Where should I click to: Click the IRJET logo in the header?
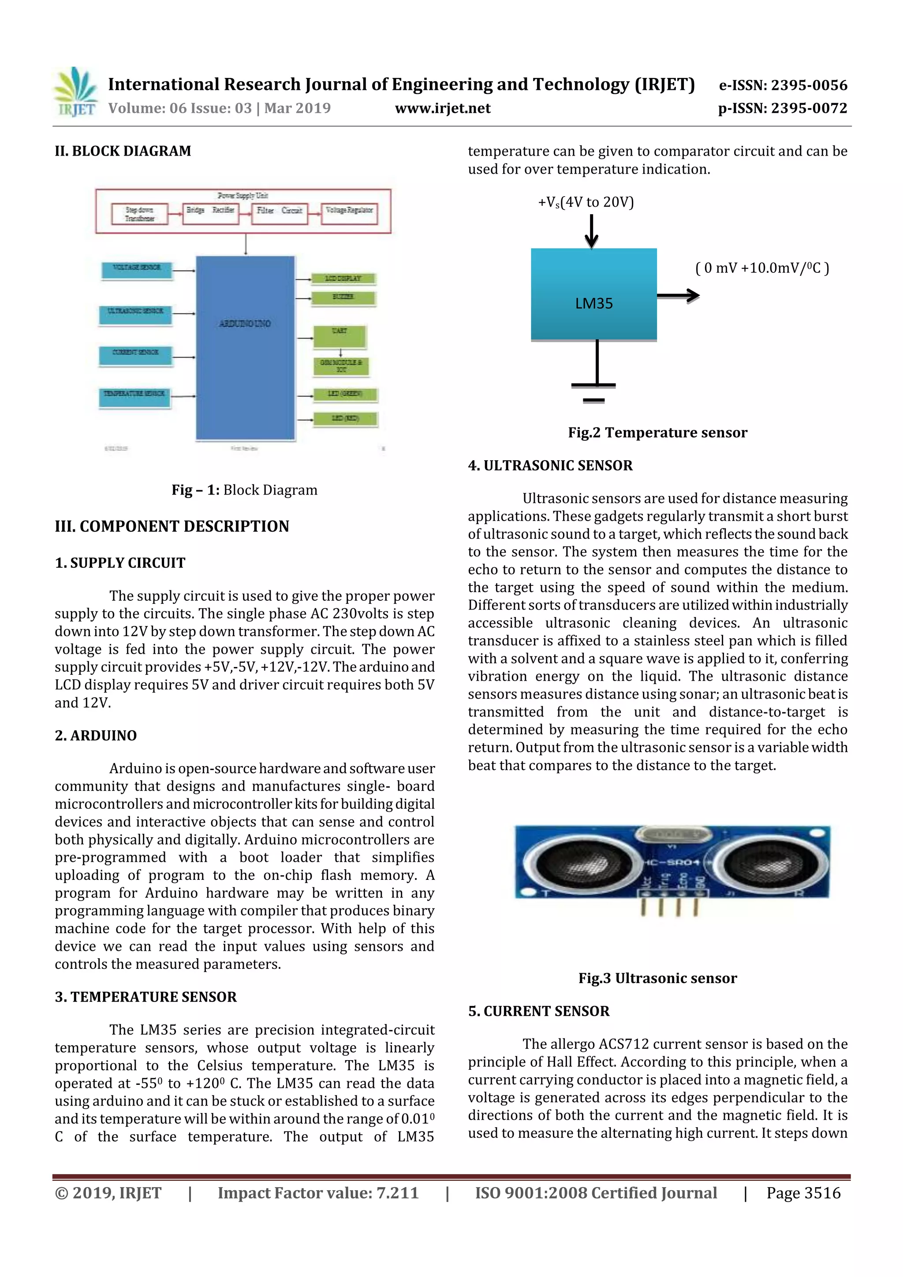click(x=75, y=92)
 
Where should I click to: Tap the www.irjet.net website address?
click(x=442, y=108)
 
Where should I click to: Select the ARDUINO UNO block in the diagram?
click(x=245, y=348)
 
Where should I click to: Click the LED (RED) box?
click(x=345, y=418)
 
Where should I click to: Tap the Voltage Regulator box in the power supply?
click(x=349, y=213)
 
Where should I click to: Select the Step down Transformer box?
click(x=140, y=214)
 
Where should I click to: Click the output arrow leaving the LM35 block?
click(x=678, y=296)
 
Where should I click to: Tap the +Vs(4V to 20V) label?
click(x=586, y=202)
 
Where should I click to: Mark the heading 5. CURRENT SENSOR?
click(x=538, y=1011)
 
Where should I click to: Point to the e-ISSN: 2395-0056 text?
click(x=783, y=85)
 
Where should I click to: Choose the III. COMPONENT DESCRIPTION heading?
click(x=172, y=526)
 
